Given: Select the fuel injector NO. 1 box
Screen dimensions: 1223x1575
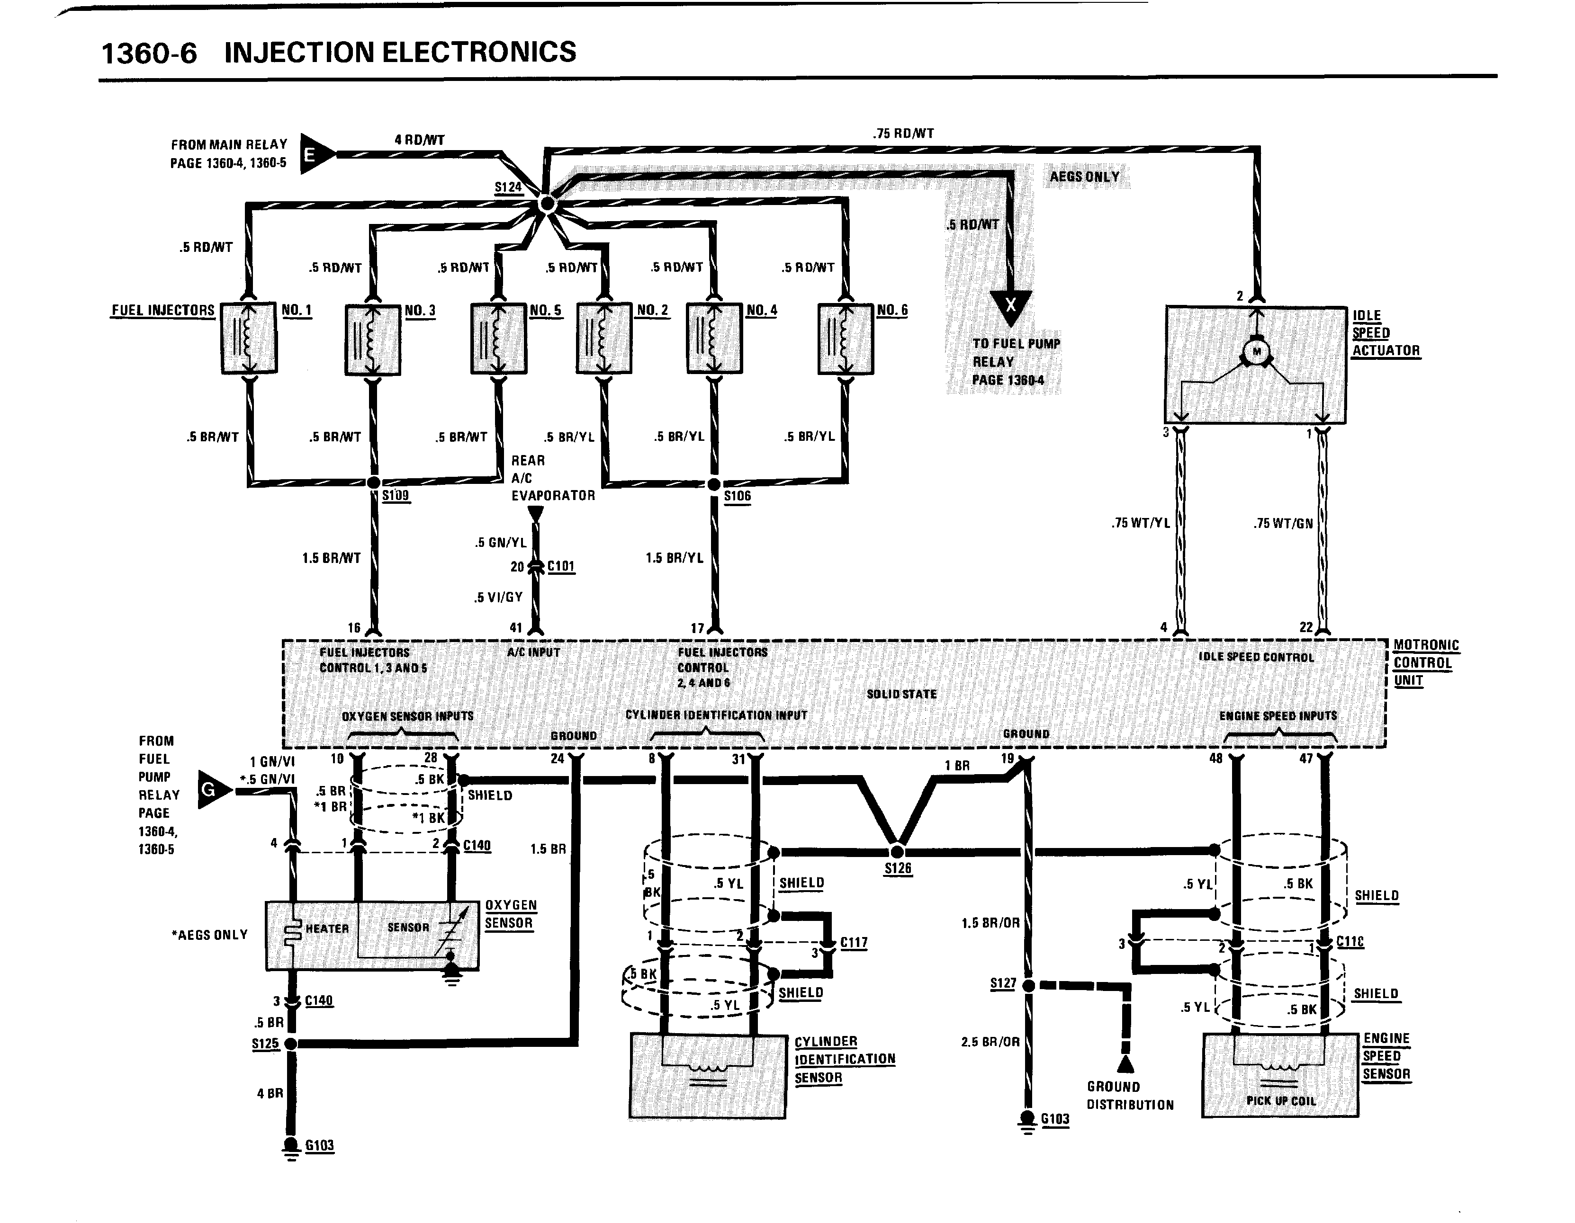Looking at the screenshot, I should point(249,338).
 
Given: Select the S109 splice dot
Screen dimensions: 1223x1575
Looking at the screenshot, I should point(374,482).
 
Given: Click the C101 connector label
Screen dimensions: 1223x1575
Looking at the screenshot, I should point(561,566).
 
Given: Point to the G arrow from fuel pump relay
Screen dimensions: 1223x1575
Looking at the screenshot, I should point(213,790).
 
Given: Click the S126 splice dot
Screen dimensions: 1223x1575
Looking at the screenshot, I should point(898,852).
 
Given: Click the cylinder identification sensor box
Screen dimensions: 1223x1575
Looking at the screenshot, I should point(708,1076).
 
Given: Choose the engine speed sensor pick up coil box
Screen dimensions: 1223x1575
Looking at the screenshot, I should point(1280,1076).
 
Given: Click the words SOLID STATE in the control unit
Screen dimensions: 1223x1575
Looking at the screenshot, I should point(901,694).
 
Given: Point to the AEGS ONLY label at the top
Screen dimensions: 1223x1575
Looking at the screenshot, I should point(1085,177).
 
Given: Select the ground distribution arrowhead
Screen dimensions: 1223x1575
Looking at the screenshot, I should point(1125,1064).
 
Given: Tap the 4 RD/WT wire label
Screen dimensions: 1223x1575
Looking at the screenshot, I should point(419,140).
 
